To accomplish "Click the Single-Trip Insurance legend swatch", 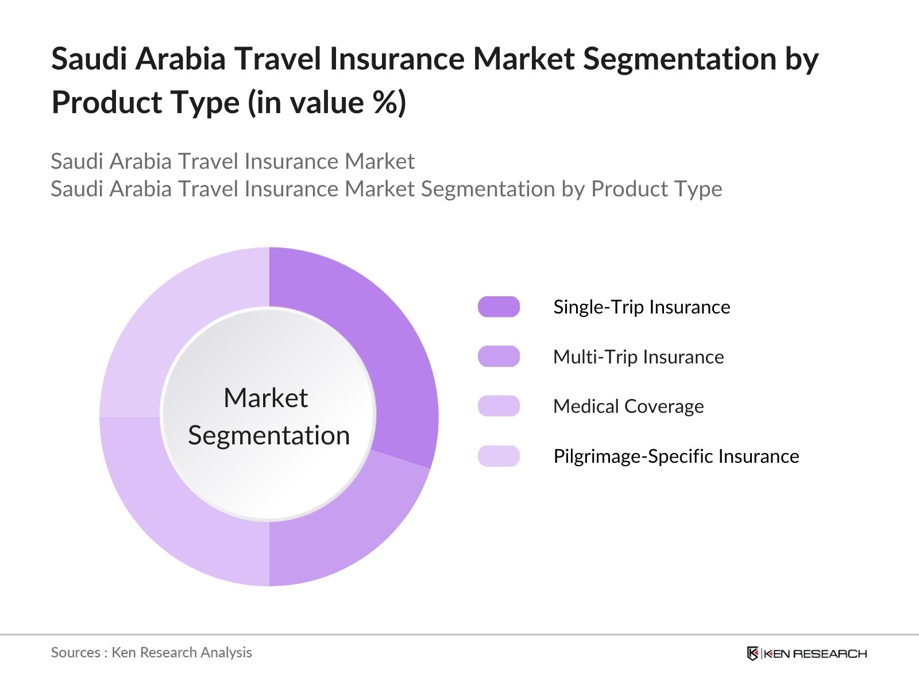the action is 499,307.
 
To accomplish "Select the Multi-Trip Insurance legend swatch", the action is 499,357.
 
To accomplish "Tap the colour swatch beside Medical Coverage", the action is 499,406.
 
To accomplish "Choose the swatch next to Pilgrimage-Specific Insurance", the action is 499,456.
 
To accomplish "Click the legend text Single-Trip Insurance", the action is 642,307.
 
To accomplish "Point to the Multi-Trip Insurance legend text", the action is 639,357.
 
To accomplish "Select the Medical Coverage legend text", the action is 628,407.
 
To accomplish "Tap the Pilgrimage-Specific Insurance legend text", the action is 676,456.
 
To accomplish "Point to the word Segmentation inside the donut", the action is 269,436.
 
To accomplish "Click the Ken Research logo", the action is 807,653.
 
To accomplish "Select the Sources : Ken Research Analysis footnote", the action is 151,653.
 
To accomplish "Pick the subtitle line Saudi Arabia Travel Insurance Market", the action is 233,161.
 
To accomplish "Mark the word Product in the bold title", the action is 107,103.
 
